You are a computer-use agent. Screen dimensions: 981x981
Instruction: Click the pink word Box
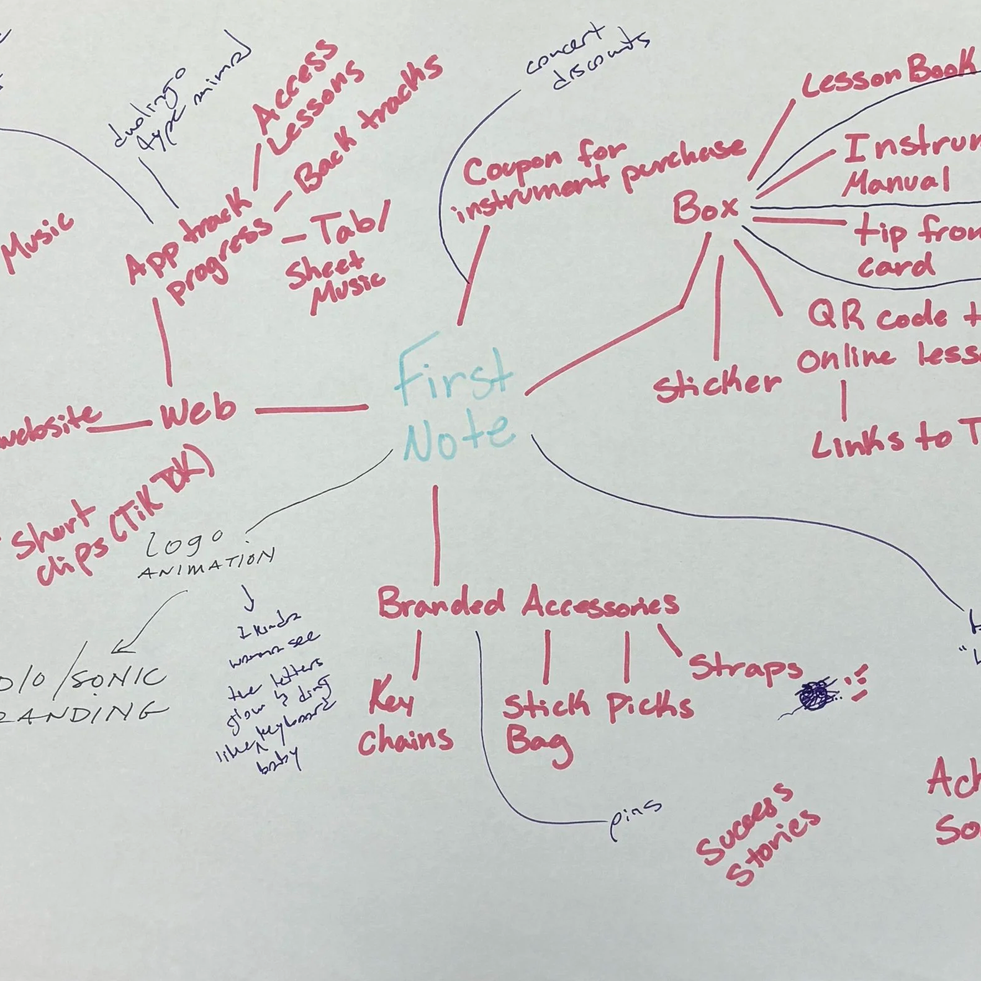pyautogui.click(x=705, y=208)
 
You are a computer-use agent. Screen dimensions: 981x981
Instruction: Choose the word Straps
pyautogui.click(x=745, y=667)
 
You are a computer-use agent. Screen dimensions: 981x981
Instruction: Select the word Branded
pyautogui.click(x=441, y=603)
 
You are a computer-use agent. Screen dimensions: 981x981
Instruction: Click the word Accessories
pyautogui.click(x=600, y=603)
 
